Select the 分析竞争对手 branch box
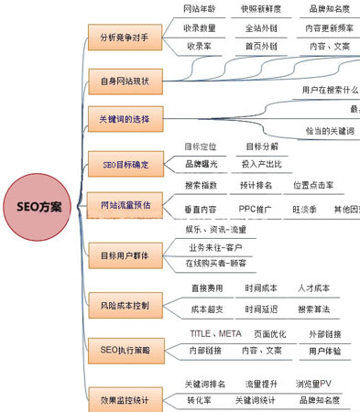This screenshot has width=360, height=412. click(x=125, y=38)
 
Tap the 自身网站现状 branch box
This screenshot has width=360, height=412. click(x=125, y=81)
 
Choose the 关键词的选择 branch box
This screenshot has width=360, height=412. click(x=125, y=120)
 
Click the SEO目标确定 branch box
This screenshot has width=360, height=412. click(x=125, y=165)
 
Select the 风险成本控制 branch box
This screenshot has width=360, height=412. click(x=125, y=303)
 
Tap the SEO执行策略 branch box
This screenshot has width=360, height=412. click(x=125, y=349)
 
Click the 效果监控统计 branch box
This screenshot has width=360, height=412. click(x=125, y=399)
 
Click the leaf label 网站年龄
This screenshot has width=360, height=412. click(x=200, y=9)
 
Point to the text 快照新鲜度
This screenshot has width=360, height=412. click(x=262, y=9)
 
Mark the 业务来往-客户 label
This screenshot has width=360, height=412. click(x=216, y=247)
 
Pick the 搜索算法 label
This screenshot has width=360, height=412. click(x=318, y=309)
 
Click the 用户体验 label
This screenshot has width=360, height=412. click(x=325, y=351)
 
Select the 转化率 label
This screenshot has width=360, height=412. click(x=200, y=400)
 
